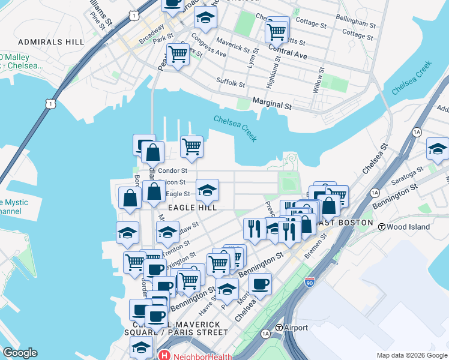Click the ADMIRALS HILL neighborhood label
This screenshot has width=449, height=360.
pyautogui.click(x=51, y=42)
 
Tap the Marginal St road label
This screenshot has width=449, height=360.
pyautogui.click(x=271, y=104)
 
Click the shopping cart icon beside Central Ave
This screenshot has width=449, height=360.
pyautogui.click(x=277, y=30)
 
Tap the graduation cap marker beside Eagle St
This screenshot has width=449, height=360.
pyautogui.click(x=206, y=190)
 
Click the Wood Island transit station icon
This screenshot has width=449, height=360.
pyautogui.click(x=381, y=226)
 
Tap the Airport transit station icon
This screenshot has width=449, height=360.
pyautogui.click(x=279, y=328)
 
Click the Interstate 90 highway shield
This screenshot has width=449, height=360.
pyautogui.click(x=310, y=281)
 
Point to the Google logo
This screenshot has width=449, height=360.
pyautogui.click(x=19, y=353)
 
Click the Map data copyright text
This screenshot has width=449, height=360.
pyautogui.click(x=412, y=355)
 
